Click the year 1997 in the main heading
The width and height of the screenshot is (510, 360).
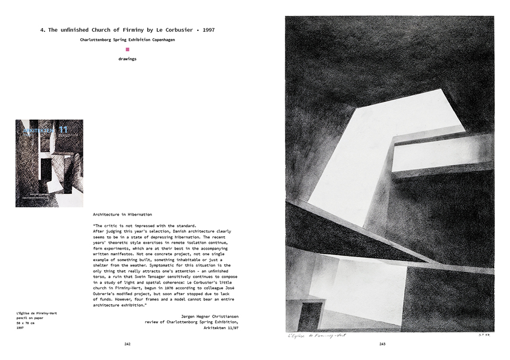pyautogui.click(x=208, y=30)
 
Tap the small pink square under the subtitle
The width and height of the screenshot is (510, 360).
pyautogui.click(x=127, y=49)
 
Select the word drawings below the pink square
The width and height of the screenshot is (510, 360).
pyautogui.click(x=127, y=59)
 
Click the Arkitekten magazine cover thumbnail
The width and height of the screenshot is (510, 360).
pyautogui.click(x=49, y=163)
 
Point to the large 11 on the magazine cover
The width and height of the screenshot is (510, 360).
pyautogui.click(x=63, y=129)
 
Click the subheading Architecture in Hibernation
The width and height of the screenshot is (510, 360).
pyautogui.click(x=122, y=215)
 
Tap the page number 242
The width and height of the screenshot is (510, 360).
pyautogui.click(x=127, y=344)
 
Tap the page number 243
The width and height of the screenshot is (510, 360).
pyautogui.click(x=382, y=344)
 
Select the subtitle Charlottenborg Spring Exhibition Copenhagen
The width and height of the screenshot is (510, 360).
pyautogui.click(x=127, y=40)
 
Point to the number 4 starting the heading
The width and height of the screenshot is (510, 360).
pyautogui.click(x=42, y=30)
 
